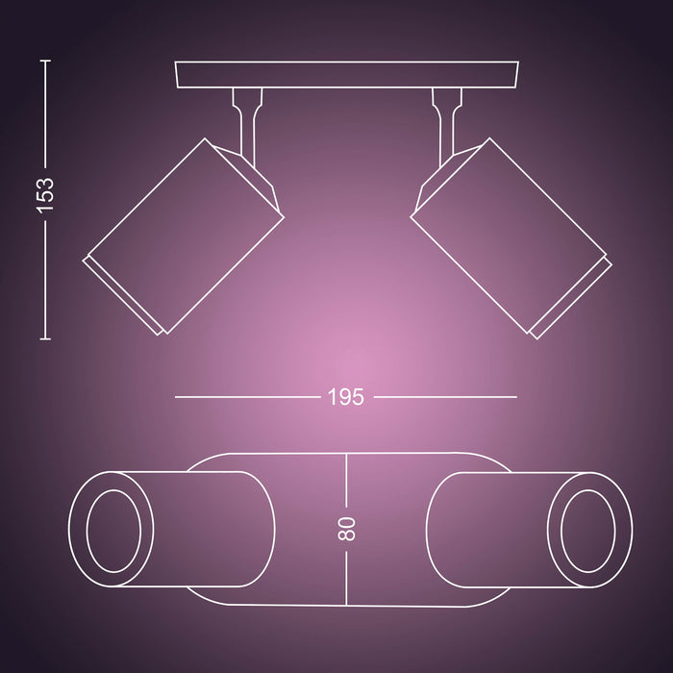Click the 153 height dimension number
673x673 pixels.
tap(46, 198)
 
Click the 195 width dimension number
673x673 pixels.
tap(346, 396)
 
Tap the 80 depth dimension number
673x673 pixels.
tap(347, 528)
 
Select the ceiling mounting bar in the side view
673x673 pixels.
tap(346, 75)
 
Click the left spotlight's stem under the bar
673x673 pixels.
tap(245, 113)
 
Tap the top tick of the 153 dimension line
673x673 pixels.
tap(45, 60)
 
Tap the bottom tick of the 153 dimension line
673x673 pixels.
tap(45, 338)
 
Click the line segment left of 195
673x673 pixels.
tap(246, 396)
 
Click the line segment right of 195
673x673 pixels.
tap(444, 396)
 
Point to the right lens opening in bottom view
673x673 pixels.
tap(584, 529)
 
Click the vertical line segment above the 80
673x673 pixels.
tap(347, 481)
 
